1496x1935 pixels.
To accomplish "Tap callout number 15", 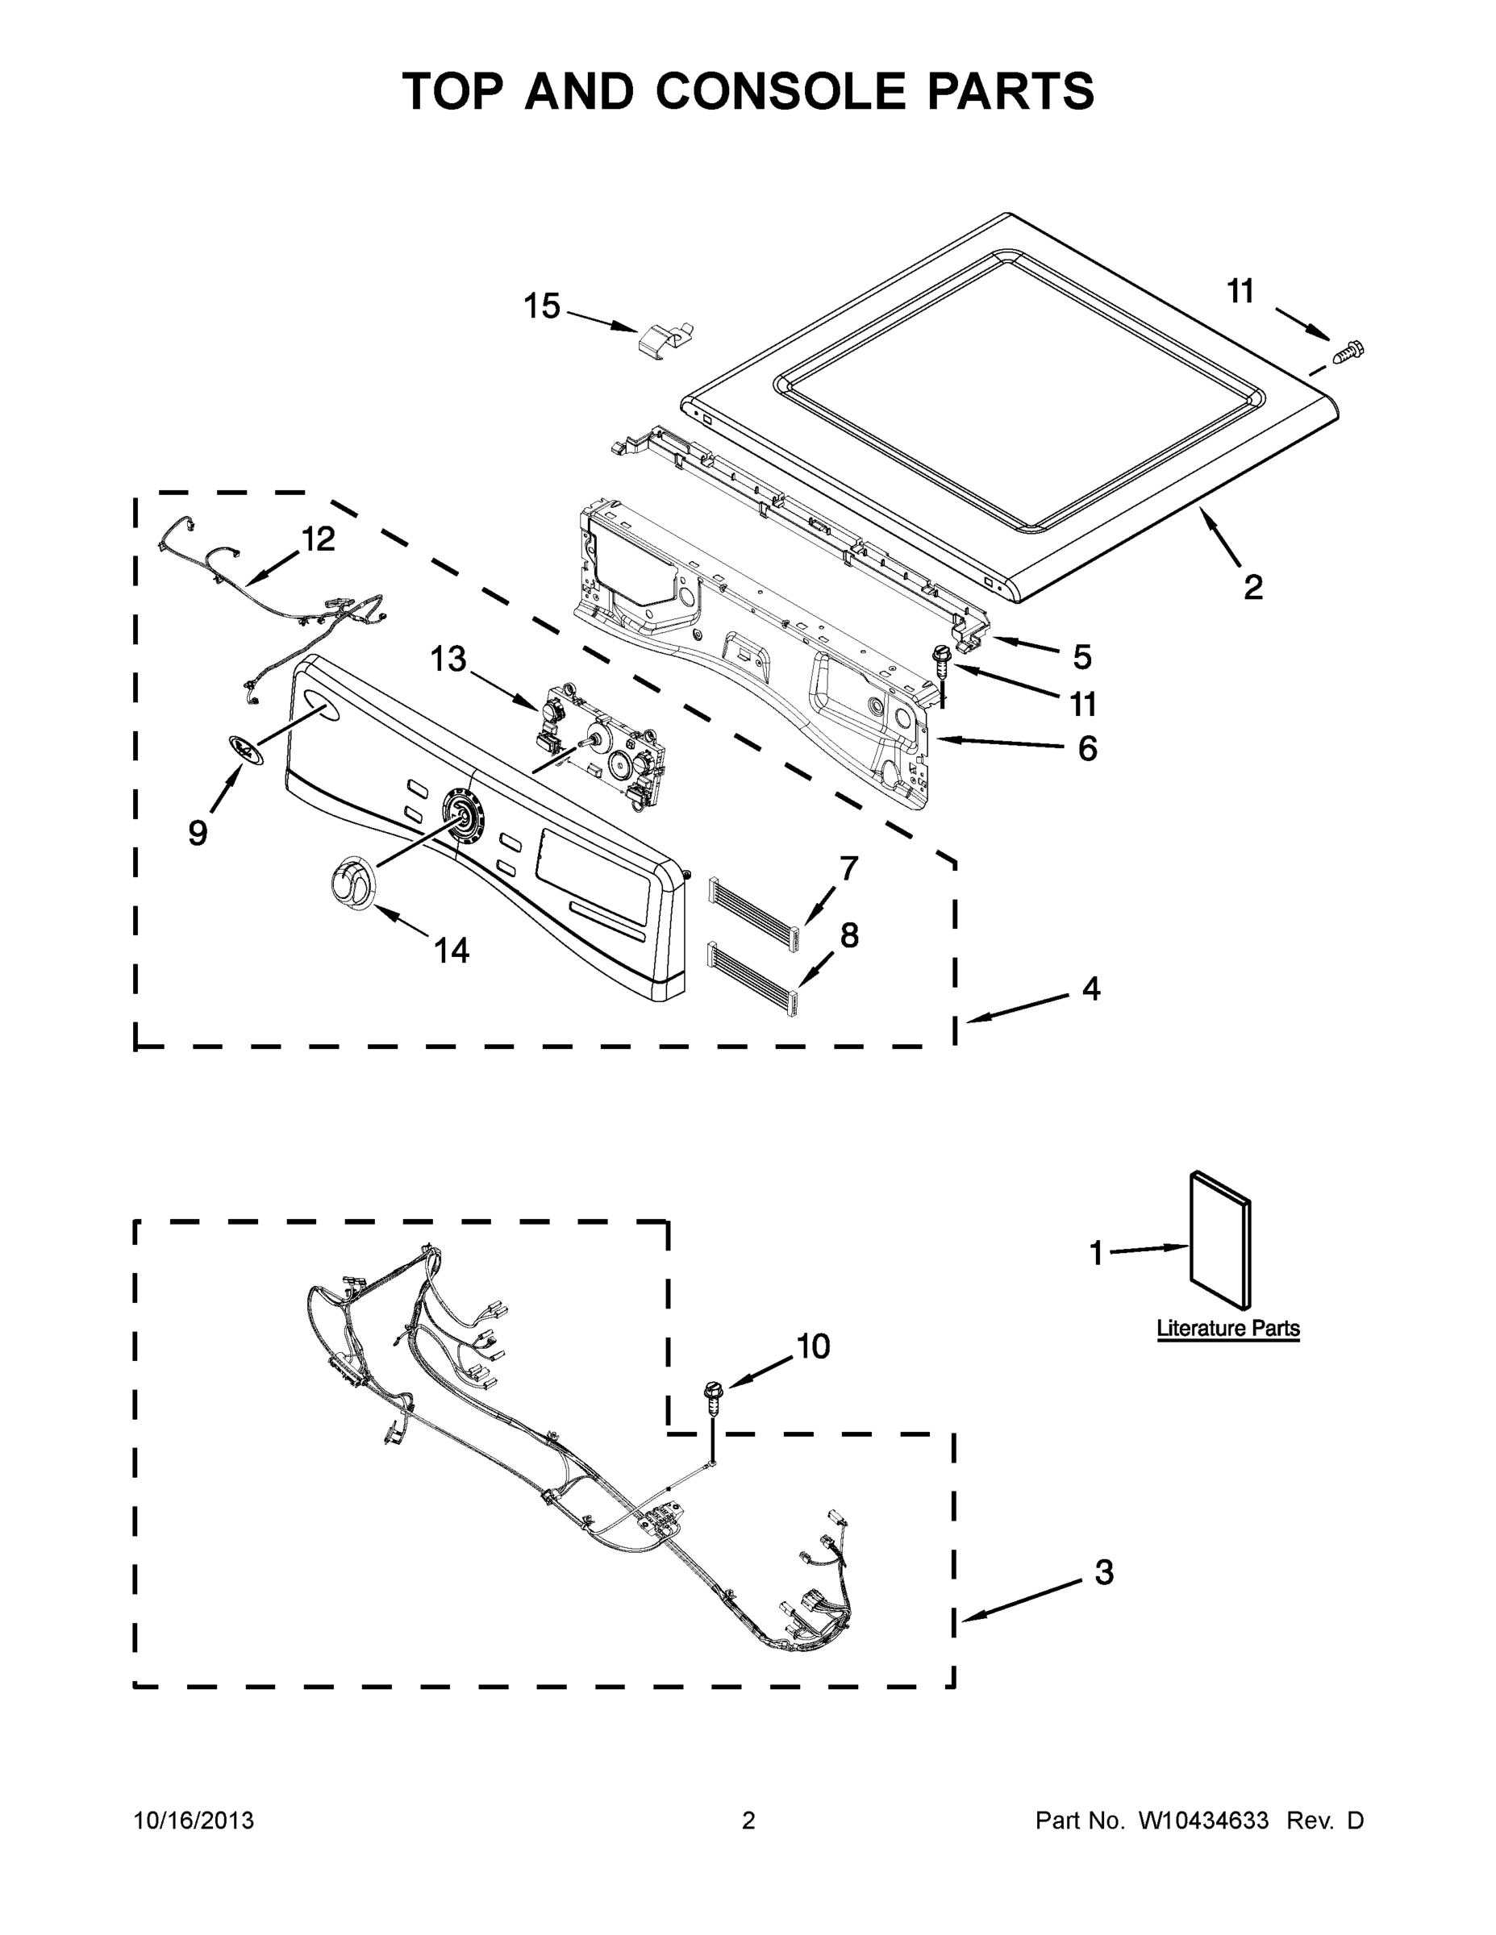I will [x=541, y=306].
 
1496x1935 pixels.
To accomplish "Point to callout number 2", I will [x=1252, y=586].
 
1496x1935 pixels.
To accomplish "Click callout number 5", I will [x=1081, y=657].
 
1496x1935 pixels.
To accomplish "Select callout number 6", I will [x=1086, y=749].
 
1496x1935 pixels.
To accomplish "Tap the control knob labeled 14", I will [x=352, y=884].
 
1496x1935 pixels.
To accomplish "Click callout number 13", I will [x=448, y=660].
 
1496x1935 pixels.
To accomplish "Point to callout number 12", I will [x=319, y=539].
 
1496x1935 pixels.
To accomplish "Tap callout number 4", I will [x=1091, y=988].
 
